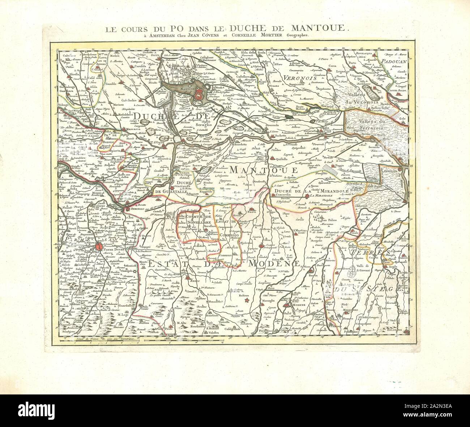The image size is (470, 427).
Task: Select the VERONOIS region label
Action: point(300,78)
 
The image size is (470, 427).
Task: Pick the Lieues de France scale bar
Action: point(90,339)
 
